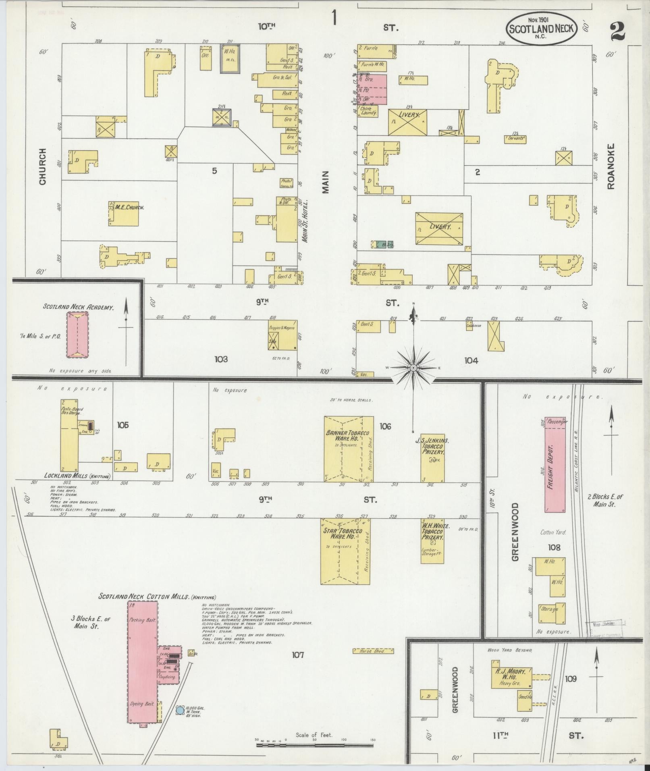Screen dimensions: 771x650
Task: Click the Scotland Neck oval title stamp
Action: pos(541,28)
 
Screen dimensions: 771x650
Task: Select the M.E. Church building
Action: pos(124,211)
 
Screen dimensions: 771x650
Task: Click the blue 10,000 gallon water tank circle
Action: pos(180,711)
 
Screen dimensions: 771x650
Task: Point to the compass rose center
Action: pos(413,368)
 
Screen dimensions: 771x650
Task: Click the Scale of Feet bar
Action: pos(315,744)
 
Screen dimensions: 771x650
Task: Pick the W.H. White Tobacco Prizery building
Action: pos(432,540)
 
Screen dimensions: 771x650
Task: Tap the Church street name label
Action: pos(43,167)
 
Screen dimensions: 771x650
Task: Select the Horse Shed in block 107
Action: pos(373,650)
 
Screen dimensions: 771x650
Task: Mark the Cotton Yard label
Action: pos(553,532)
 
